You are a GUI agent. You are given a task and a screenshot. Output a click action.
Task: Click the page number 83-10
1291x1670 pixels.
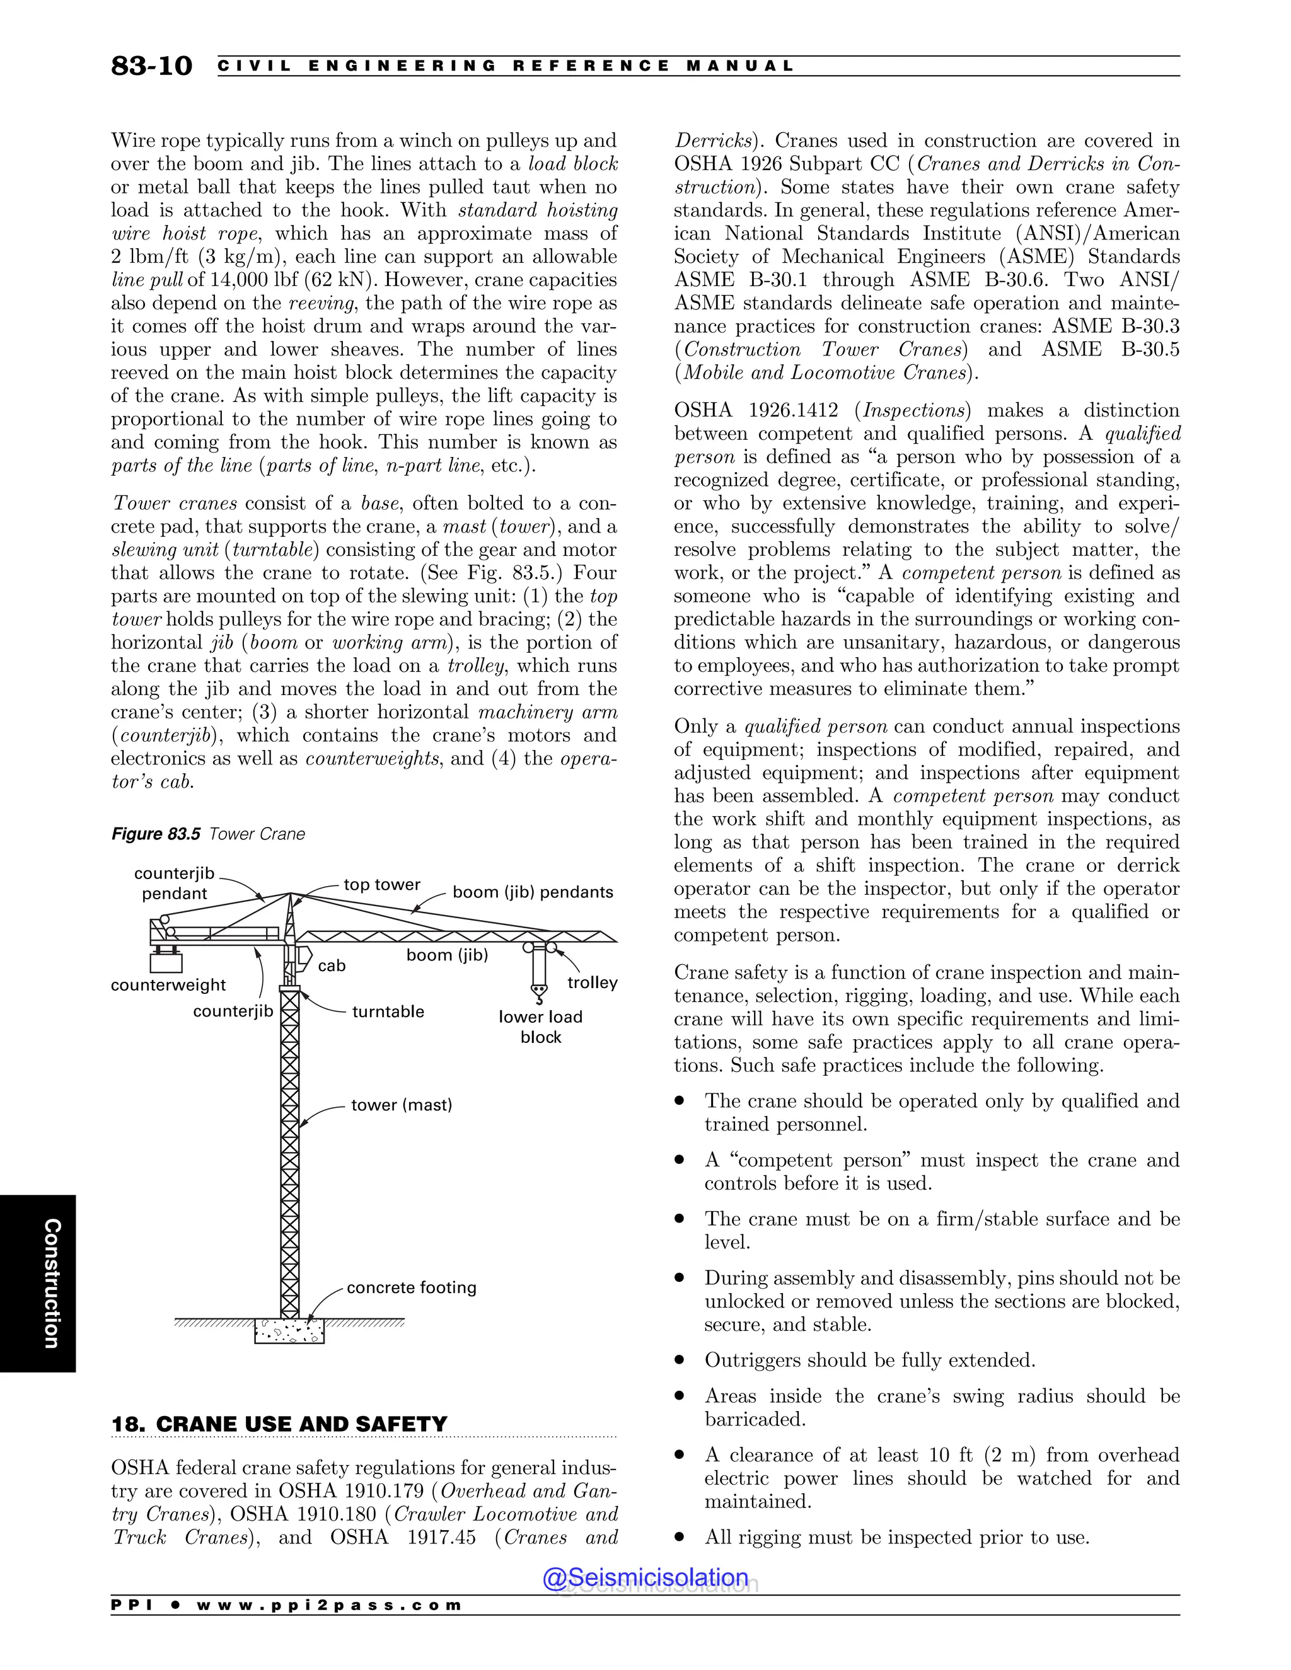151,66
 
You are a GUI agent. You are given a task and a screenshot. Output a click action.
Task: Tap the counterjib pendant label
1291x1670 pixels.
175,883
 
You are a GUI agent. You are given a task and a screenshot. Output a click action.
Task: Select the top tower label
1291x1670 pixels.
381,885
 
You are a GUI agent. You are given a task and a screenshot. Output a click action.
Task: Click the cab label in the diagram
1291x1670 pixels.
332,965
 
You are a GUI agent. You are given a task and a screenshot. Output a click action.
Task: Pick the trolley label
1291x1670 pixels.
592,982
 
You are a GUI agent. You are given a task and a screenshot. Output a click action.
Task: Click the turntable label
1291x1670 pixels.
388,1011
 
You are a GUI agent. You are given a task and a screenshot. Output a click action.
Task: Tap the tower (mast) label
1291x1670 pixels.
402,1105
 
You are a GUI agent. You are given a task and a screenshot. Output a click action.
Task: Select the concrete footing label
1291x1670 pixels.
412,1287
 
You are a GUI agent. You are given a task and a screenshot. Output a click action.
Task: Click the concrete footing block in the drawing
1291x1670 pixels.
289,1331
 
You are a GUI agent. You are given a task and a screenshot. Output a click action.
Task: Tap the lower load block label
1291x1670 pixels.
541,1027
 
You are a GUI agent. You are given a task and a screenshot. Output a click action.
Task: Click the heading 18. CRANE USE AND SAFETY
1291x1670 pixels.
279,1424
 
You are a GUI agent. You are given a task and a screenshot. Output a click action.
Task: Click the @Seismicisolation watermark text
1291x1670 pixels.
645,1577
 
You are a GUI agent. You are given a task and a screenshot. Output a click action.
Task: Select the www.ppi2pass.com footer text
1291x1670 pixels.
329,1605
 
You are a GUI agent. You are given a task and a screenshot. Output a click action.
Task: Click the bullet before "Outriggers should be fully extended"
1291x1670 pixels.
679,1361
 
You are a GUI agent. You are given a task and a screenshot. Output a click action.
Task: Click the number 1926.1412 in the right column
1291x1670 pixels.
792,411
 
